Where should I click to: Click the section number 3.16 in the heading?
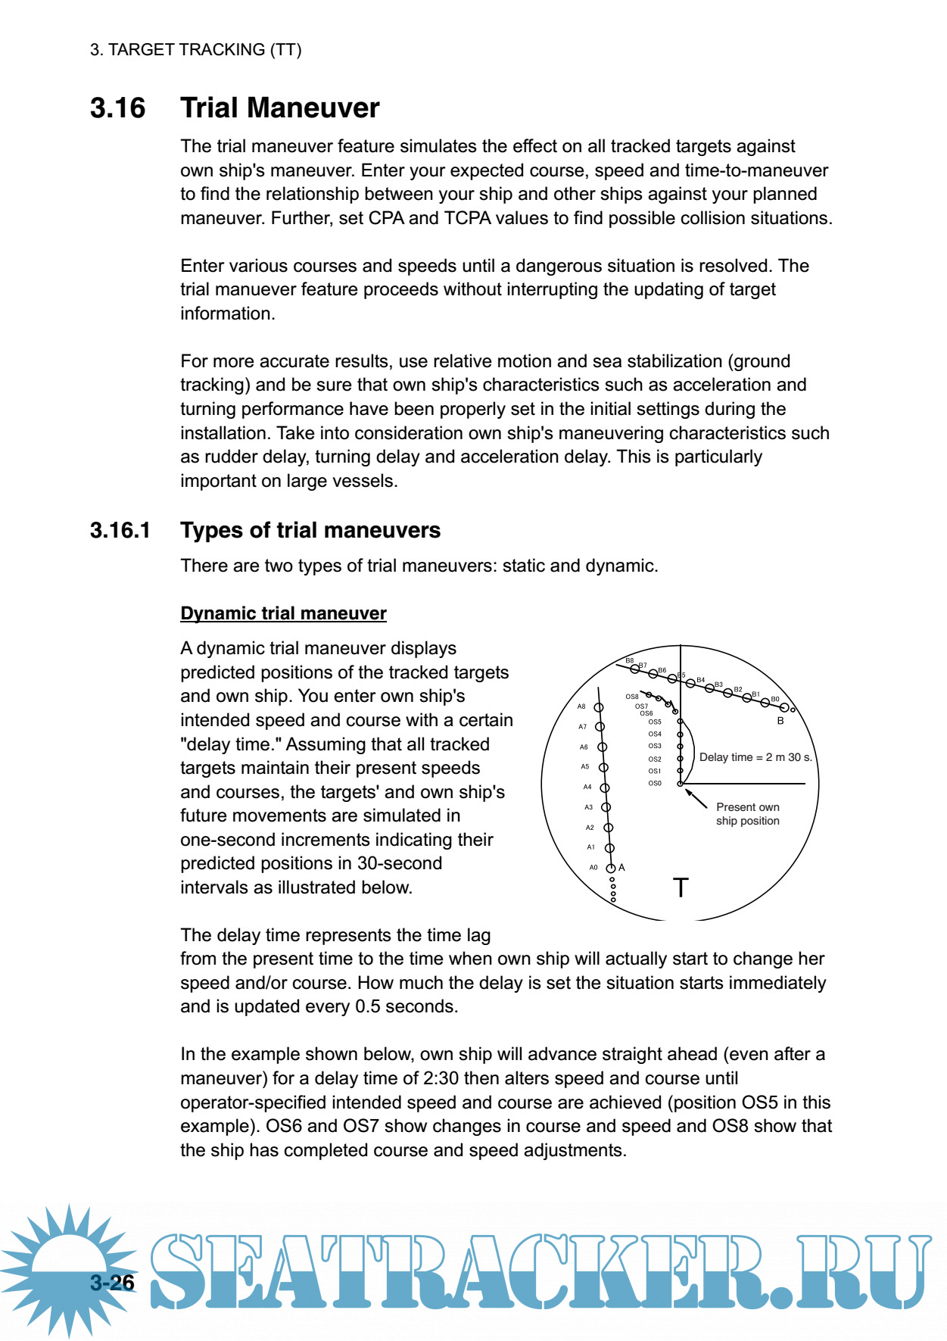pos(117,108)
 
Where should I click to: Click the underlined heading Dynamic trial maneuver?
pos(283,613)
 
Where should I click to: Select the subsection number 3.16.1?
pos(120,530)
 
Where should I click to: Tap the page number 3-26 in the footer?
pos(112,1282)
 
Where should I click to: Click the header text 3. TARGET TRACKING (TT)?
pos(195,50)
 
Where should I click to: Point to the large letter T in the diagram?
pos(681,887)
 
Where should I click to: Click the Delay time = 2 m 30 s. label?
pos(755,757)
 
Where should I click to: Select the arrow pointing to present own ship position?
pos(696,798)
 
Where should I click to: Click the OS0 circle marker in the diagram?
pos(680,784)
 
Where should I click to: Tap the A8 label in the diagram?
pos(581,706)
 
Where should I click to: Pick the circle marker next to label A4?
pos(605,788)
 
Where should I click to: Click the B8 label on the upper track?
pos(629,661)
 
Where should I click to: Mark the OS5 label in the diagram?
pos(655,722)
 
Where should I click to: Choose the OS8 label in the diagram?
pos(631,697)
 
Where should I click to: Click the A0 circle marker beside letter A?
pos(610,868)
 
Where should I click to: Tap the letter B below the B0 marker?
pos(780,721)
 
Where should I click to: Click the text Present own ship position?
pos(747,814)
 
